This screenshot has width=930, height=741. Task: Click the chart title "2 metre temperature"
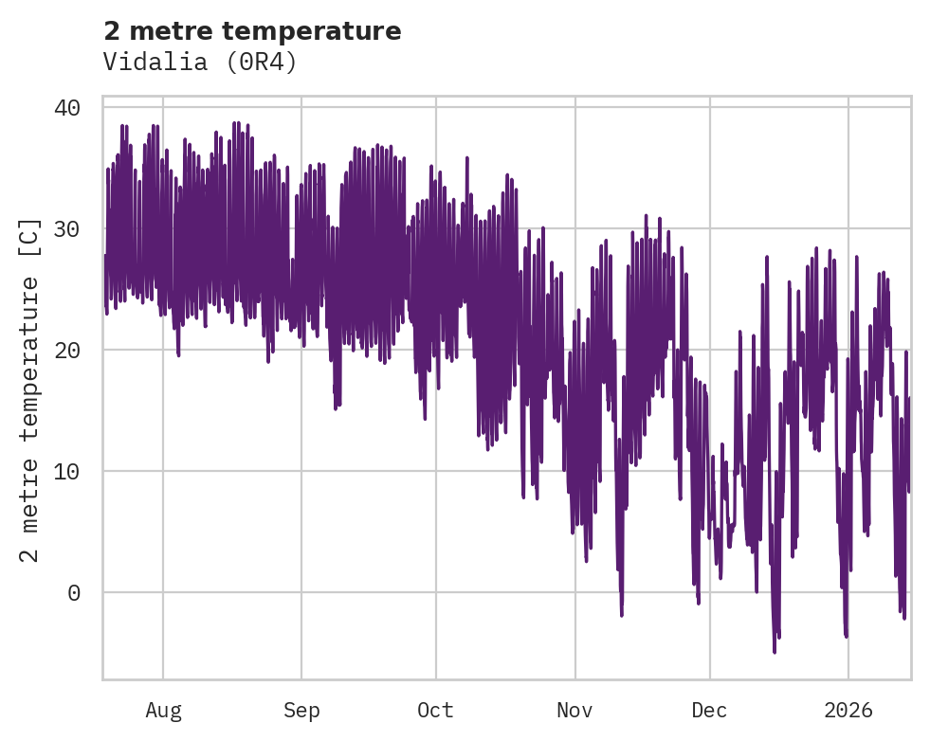pyautogui.click(x=252, y=31)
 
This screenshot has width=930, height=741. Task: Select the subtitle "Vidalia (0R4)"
pyautogui.click(x=200, y=62)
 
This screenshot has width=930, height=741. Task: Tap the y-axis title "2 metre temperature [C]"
pyautogui.click(x=30, y=389)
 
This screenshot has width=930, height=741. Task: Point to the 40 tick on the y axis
pyautogui.click(x=67, y=107)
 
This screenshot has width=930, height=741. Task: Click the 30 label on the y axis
pyautogui.click(x=67, y=228)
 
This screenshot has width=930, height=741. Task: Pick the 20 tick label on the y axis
pyautogui.click(x=67, y=350)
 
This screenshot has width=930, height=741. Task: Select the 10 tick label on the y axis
pyautogui.click(x=67, y=471)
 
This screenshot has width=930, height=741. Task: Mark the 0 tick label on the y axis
pyautogui.click(x=74, y=592)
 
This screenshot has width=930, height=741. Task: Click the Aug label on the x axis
pyautogui.click(x=163, y=710)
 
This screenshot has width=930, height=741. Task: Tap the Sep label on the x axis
pyautogui.click(x=301, y=710)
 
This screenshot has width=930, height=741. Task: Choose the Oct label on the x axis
pyautogui.click(x=436, y=710)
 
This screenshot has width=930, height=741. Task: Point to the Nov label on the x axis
pyautogui.click(x=574, y=710)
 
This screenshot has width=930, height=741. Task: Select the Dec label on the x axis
pyautogui.click(x=709, y=710)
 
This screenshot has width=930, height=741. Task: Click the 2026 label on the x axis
pyautogui.click(x=848, y=710)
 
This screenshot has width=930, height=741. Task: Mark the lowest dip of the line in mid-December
pyautogui.click(x=775, y=651)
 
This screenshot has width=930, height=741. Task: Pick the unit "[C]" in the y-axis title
pyautogui.click(x=30, y=235)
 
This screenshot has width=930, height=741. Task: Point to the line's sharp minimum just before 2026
pyautogui.click(x=846, y=636)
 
